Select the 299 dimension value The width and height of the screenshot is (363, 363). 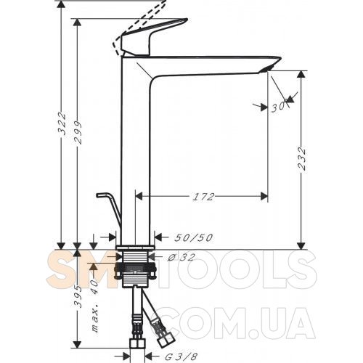coord(78,133)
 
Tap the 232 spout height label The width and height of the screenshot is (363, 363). coord(302,159)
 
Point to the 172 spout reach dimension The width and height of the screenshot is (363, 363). coord(203,197)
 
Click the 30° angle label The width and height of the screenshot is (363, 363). coord(279,106)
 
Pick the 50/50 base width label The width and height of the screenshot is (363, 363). coord(194,237)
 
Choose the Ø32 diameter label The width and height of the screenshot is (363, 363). coord(181,257)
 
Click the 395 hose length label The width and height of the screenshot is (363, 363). coord(78,296)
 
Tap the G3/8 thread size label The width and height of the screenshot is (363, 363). coord(181,356)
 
